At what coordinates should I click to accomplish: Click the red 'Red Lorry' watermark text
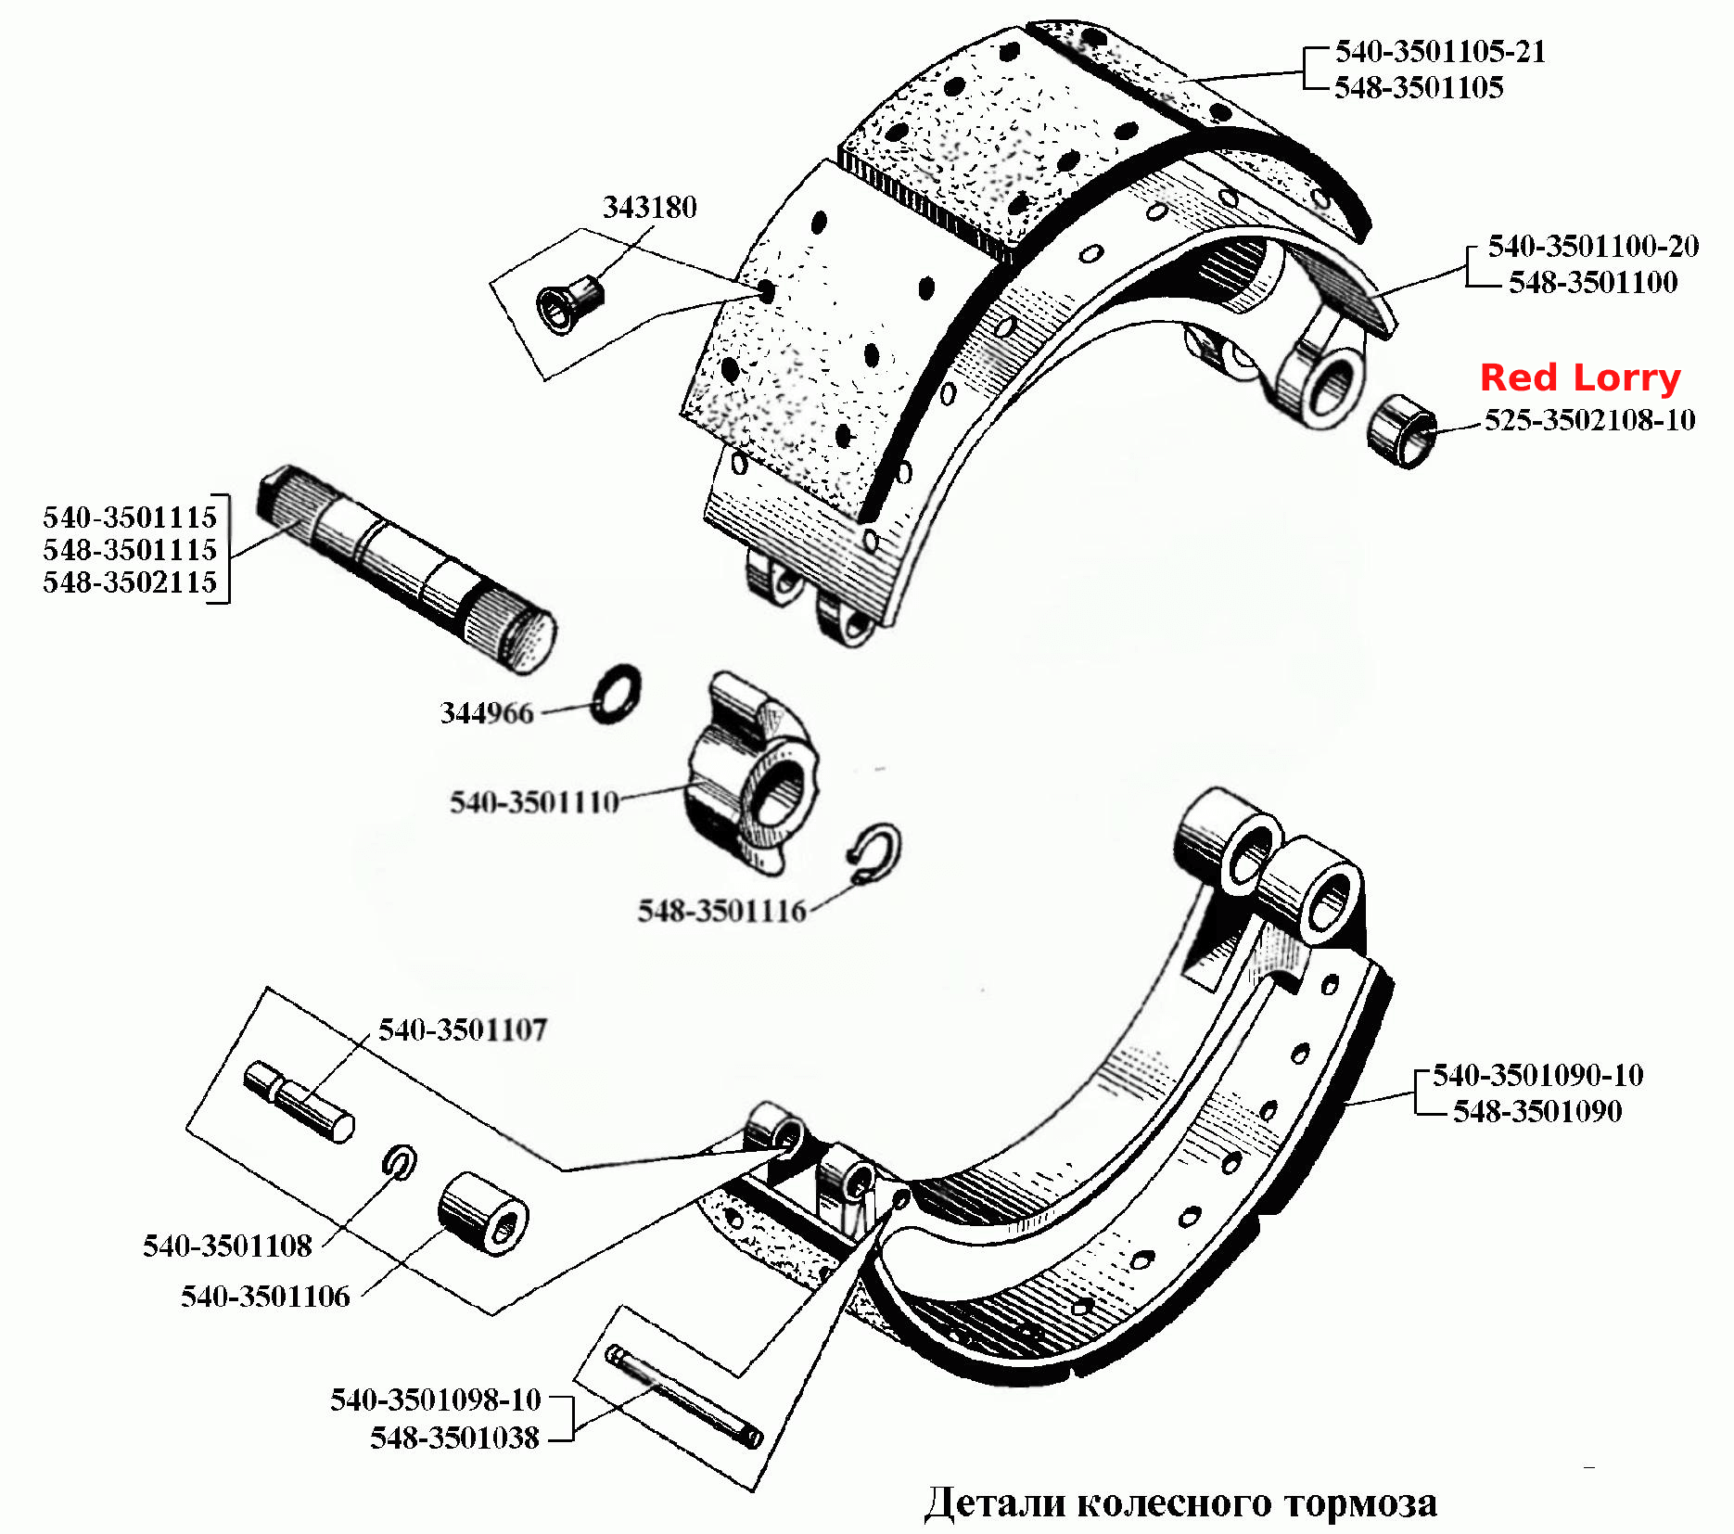click(x=1580, y=378)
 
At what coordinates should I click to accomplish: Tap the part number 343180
click(x=649, y=207)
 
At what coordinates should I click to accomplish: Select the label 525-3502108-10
click(x=1589, y=420)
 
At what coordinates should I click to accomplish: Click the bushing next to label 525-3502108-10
click(x=1402, y=431)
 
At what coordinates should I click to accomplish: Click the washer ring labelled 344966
click(x=615, y=694)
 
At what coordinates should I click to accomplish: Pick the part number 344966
click(x=487, y=713)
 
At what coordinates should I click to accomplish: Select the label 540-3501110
click(x=534, y=802)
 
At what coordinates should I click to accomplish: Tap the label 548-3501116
click(x=721, y=911)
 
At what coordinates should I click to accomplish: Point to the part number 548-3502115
click(x=130, y=582)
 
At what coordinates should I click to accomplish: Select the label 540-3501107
click(x=463, y=1029)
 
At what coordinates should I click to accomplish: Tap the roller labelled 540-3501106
click(x=483, y=1215)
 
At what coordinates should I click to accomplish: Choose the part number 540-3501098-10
click(x=435, y=1400)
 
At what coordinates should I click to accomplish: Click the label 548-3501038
click(x=454, y=1438)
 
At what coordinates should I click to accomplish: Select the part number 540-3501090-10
click(x=1537, y=1075)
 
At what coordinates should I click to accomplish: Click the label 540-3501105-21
click(x=1440, y=52)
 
